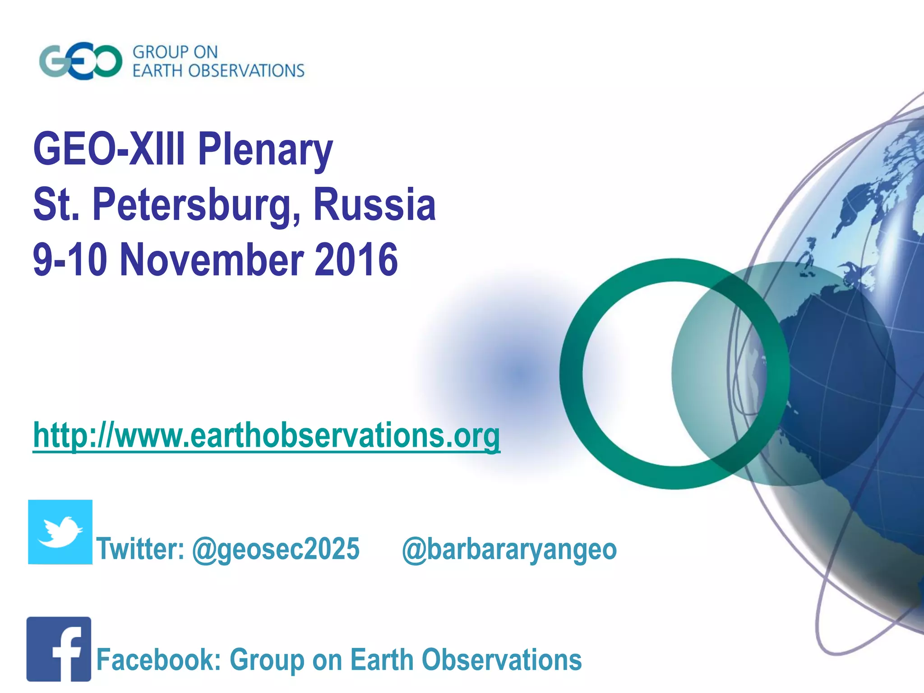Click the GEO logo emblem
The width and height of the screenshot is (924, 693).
80,61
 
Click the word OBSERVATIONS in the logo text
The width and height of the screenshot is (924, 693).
246,71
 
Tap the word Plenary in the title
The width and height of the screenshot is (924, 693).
265,150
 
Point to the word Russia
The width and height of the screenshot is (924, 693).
374,205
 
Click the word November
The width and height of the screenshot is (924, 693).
212,260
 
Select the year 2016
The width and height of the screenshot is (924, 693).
356,260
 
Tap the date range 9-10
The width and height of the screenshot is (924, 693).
70,260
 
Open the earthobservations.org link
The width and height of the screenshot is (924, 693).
267,435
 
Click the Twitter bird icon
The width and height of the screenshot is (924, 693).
60,532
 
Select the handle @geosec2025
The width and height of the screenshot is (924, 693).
276,550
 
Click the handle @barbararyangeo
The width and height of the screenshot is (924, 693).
509,550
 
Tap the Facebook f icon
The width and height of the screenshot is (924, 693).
59,649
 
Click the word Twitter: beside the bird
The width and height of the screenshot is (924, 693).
140,550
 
